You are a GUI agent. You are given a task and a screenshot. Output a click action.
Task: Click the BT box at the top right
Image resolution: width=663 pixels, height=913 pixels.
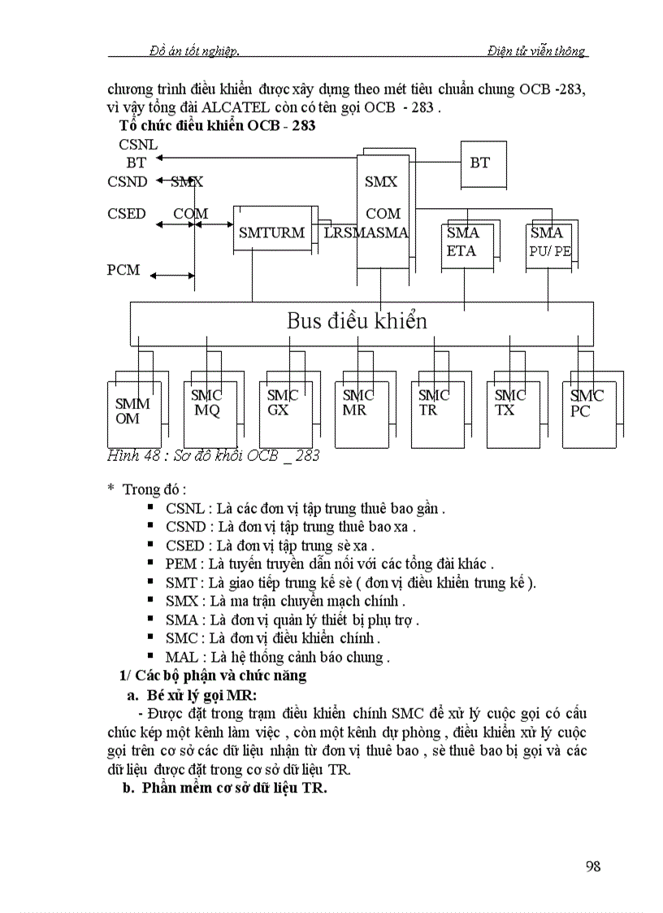[479, 163]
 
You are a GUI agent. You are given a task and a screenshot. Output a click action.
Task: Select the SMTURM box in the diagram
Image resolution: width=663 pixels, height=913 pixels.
[271, 233]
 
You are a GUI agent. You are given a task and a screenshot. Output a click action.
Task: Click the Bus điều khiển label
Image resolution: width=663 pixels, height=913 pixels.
[356, 321]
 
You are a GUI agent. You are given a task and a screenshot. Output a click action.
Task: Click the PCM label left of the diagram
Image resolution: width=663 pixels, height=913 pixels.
[123, 270]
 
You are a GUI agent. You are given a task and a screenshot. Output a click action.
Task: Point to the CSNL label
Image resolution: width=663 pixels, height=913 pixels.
[138, 145]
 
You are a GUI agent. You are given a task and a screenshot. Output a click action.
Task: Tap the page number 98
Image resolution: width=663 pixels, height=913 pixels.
[593, 866]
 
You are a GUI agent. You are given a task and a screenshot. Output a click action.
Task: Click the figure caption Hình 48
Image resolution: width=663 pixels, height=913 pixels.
[213, 455]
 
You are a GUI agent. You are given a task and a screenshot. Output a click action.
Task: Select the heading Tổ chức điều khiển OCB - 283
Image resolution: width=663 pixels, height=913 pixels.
[217, 126]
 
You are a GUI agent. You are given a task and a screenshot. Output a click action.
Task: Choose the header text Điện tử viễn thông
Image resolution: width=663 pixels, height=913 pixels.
[536, 51]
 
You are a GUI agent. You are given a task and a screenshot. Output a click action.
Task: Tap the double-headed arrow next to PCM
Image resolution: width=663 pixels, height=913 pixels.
[172, 276]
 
